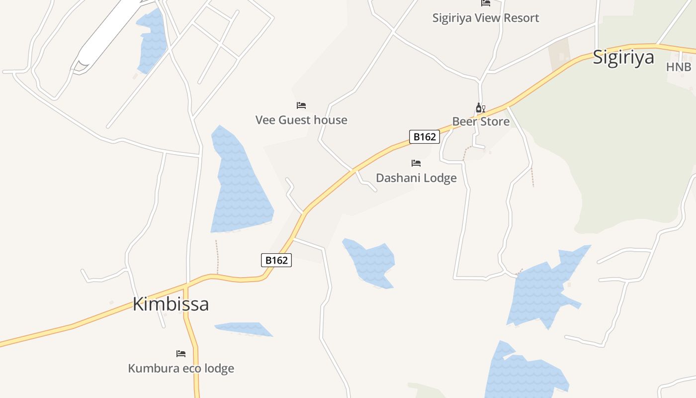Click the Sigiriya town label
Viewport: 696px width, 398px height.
[623, 58]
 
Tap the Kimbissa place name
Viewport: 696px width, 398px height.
[171, 304]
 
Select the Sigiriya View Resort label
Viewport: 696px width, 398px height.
[485, 18]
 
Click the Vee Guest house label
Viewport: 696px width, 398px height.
[301, 120]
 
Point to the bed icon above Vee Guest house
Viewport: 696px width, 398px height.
[301, 105]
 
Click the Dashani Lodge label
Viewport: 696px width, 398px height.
[416, 178]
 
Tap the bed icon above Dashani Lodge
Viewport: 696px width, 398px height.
[416, 163]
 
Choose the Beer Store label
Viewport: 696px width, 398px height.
[481, 121]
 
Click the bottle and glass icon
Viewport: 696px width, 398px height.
[480, 107]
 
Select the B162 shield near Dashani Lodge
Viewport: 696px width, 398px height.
[425, 137]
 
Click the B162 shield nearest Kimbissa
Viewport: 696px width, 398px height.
[276, 260]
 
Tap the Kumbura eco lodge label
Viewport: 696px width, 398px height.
[181, 369]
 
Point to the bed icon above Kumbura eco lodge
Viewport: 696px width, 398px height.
[181, 354]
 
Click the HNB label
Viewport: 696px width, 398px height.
[679, 67]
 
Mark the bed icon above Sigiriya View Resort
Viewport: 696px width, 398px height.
[486, 3]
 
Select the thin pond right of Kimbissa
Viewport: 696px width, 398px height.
[244, 329]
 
